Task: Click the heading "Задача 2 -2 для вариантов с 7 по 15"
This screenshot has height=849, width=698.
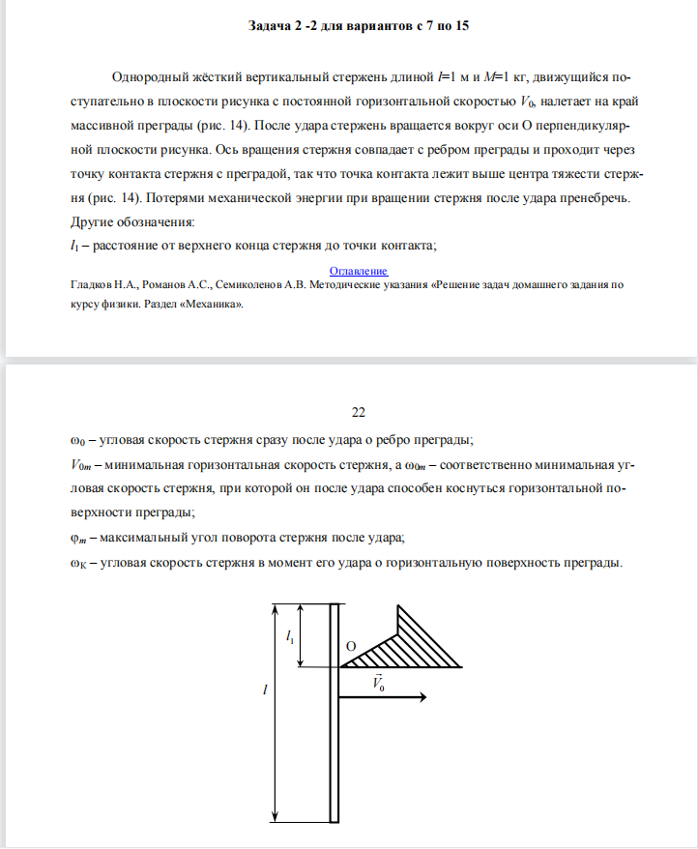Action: point(358,26)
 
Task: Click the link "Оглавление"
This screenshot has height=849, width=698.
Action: point(359,271)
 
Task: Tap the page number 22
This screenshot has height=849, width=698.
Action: point(358,413)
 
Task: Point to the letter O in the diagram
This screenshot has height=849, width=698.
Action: point(351,645)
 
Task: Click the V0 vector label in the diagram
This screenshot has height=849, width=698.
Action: point(378,684)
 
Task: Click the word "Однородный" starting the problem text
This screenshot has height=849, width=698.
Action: point(149,76)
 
